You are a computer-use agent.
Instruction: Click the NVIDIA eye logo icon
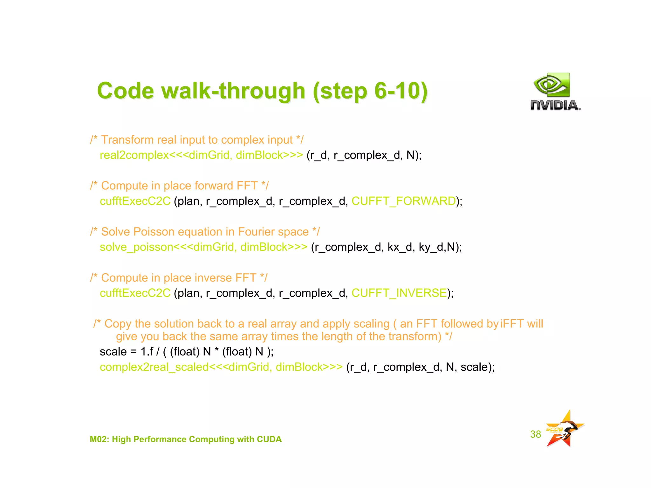[552, 85]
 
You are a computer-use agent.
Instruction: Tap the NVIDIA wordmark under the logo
[555, 105]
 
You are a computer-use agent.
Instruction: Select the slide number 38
[535, 434]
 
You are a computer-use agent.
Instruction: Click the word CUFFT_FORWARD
[403, 201]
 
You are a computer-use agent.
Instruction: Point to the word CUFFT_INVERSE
[399, 293]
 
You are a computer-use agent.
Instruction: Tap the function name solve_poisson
[136, 247]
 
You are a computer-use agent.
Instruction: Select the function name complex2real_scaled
[154, 367]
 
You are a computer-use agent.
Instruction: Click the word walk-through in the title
[233, 91]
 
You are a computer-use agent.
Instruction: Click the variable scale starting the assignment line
[113, 352]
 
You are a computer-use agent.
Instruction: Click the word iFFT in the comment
[512, 324]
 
